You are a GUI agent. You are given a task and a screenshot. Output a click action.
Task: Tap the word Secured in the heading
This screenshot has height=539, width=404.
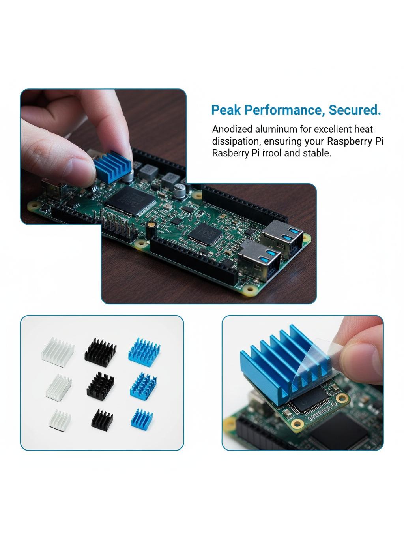355,110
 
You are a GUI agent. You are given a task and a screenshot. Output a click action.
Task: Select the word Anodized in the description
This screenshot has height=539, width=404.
232,129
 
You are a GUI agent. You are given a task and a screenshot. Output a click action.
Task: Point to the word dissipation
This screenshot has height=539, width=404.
236,141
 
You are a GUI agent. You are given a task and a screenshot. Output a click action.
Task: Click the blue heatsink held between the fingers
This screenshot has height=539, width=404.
113,167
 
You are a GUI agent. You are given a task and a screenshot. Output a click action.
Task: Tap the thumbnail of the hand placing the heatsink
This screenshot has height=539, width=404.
103,156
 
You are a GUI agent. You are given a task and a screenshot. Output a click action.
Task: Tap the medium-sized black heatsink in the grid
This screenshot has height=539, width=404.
100,386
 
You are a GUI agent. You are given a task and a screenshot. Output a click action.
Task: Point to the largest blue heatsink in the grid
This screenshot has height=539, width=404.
144,352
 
